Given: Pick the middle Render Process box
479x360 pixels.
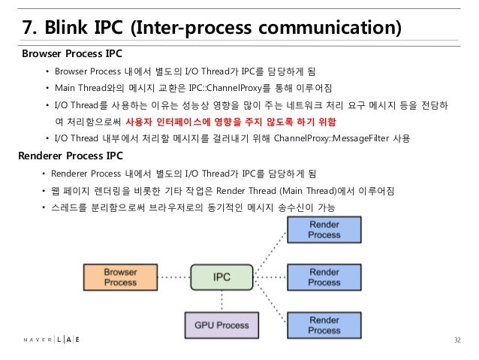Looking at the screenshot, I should coord(324,277).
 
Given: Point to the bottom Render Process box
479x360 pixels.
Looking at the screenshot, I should coord(324,325).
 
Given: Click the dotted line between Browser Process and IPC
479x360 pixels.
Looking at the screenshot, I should coord(166,277).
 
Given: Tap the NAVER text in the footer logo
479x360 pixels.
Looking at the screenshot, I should coord(35,340).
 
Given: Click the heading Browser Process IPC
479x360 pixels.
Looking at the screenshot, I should coord(72,55).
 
